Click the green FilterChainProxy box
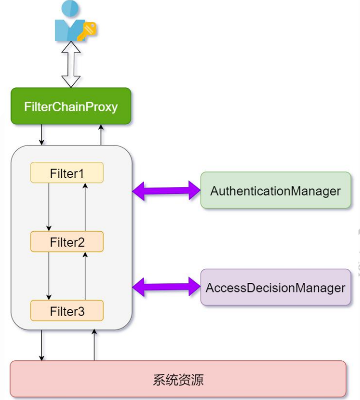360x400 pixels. [71, 106]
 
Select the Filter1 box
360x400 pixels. [67, 173]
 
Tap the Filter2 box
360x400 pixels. [67, 242]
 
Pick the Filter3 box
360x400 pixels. [67, 311]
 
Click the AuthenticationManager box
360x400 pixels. [275, 190]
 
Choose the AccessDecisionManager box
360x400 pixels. [275, 287]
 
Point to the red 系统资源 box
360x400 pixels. [178, 379]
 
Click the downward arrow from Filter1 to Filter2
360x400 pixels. [49, 207]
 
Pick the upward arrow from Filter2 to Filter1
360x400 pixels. [85, 207]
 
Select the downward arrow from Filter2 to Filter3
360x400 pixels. [49, 275]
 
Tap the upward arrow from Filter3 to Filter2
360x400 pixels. [85, 275]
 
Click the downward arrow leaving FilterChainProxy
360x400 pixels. [42, 135]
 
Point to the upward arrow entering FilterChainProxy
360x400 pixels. [101, 135]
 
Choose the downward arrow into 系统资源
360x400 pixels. [42, 345]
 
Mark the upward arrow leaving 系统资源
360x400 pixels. [94, 345]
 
